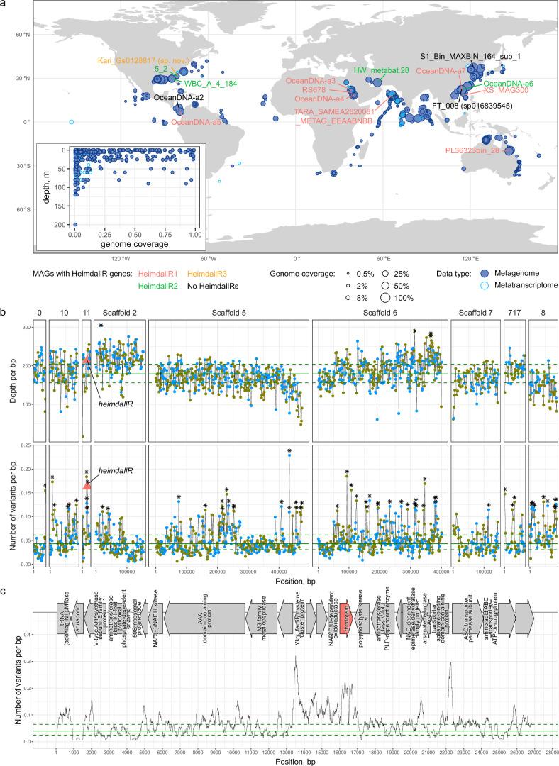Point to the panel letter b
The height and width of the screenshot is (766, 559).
(5, 312)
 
